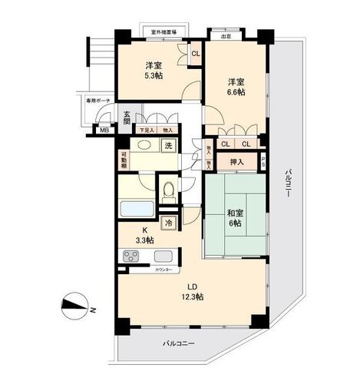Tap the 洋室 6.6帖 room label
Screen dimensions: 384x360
(x=235, y=86)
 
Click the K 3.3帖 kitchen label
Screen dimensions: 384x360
(x=143, y=235)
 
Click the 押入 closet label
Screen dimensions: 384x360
(x=236, y=162)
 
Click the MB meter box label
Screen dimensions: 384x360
(x=104, y=130)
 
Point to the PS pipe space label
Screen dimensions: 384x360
(x=263, y=162)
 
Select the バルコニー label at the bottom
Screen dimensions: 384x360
(x=179, y=343)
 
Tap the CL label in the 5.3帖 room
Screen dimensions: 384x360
(x=195, y=54)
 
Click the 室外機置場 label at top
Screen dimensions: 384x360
(x=163, y=32)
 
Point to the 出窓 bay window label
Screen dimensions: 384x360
(x=226, y=35)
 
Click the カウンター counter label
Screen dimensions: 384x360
(x=162, y=270)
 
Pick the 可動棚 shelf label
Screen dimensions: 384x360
(x=124, y=161)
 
